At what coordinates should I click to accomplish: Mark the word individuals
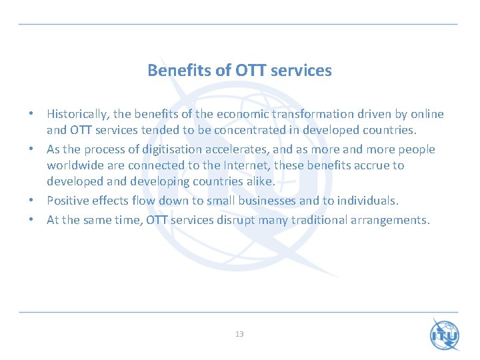[x=367, y=201]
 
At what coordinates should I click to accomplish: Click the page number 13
[x=239, y=334]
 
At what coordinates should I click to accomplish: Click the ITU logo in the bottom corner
[x=445, y=335]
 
